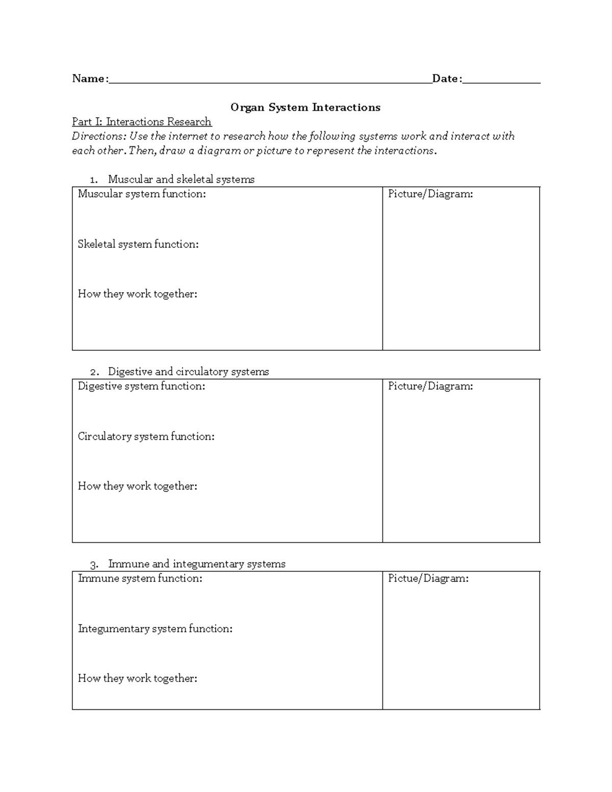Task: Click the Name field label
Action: pos(90,79)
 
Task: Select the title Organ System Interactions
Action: pos(305,107)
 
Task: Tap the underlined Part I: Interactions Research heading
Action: pos(142,122)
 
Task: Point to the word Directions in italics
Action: pos(98,136)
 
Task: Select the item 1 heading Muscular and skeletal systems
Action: pos(181,180)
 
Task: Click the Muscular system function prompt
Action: pos(142,194)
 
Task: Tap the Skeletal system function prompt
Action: pos(138,244)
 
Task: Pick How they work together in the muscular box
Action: pos(137,294)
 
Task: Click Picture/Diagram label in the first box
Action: pos(430,194)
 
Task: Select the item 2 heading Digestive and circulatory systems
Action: pos(188,372)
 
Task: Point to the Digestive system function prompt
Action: pos(141,386)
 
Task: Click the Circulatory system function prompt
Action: pos(146,437)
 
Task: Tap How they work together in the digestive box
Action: pos(137,487)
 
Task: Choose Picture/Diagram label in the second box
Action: pos(430,386)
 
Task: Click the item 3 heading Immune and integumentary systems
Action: pos(196,564)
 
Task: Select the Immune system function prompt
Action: pos(140,578)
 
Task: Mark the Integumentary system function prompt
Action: pos(155,629)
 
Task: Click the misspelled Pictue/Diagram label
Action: pos(428,578)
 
